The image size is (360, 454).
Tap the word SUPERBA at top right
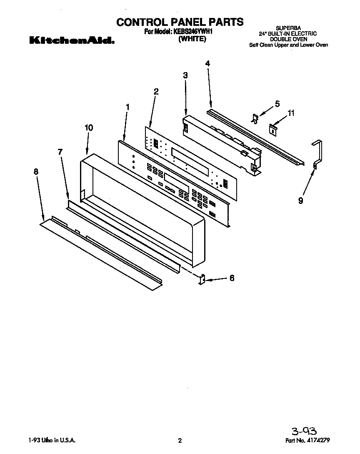(288, 28)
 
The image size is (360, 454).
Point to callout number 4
(207, 63)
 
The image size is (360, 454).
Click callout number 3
(185, 75)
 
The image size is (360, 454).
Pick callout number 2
(156, 91)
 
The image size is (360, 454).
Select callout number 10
(88, 128)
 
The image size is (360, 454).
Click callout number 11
(292, 113)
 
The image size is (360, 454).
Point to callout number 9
(300, 201)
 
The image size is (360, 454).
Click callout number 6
(232, 278)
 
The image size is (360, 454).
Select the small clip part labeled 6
(202, 279)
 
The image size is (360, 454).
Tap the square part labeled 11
(272, 129)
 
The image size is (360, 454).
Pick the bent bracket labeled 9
(317, 154)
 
